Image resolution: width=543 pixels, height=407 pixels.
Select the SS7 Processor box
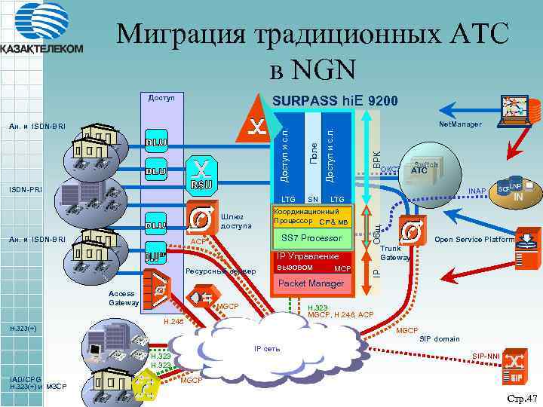click(311, 238)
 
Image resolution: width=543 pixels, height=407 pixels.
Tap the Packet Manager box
click(311, 283)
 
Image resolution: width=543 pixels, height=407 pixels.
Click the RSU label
click(201, 185)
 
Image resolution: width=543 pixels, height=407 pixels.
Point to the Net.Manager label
click(459, 124)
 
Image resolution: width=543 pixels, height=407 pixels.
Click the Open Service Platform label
click(474, 240)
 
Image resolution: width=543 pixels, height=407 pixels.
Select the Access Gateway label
click(122, 298)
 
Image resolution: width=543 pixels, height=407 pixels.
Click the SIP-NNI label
click(486, 355)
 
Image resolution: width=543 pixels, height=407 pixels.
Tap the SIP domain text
click(439, 339)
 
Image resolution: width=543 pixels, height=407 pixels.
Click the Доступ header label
click(161, 98)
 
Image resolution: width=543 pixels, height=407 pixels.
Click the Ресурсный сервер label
click(220, 271)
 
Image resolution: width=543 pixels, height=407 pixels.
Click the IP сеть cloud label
click(267, 349)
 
